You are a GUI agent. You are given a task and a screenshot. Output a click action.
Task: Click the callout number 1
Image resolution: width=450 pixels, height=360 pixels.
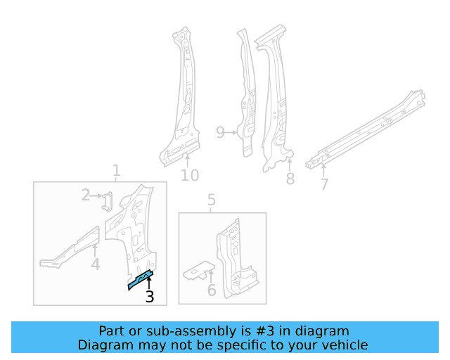coord(116,170)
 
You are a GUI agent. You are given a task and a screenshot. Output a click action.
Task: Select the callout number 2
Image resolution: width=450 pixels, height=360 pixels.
coord(86,195)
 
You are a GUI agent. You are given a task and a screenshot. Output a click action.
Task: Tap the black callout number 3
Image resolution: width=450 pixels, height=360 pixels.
coord(149,297)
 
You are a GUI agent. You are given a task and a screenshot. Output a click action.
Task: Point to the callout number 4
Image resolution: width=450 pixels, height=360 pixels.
coord(95,264)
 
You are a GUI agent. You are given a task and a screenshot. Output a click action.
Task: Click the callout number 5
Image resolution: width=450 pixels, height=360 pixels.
coord(212,202)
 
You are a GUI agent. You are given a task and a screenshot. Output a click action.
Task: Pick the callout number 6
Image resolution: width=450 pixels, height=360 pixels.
coord(212,290)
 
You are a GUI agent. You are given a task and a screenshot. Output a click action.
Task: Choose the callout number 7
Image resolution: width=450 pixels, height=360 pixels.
coord(324,184)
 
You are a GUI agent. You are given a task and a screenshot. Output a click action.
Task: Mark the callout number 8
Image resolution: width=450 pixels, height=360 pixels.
coord(290,179)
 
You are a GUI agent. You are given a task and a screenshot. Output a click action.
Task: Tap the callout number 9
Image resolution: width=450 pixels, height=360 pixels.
coord(221,132)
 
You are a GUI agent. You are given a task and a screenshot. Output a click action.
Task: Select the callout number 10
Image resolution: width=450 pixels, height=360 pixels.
coord(190,175)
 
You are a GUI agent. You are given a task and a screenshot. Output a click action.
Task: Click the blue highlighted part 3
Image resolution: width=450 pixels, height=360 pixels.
coord(141,279)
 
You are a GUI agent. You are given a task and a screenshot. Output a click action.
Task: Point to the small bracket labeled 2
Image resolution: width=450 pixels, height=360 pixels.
coord(106,201)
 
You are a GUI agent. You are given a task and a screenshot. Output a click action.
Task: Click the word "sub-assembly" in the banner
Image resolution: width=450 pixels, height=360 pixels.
coord(186,331)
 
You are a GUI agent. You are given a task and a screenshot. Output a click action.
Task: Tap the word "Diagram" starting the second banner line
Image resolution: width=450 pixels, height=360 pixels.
coord(102,345)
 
